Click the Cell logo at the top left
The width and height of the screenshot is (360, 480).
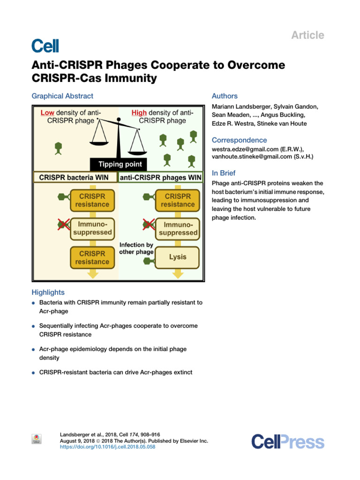[x=45, y=45]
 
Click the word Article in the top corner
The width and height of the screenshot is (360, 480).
[x=307, y=35]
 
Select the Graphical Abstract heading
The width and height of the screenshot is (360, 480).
[x=62, y=96]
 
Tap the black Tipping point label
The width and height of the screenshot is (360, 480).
[x=119, y=165]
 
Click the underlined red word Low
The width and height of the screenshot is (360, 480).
[x=47, y=112]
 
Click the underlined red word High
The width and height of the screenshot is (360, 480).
[x=139, y=112]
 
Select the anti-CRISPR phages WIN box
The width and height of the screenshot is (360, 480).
[x=161, y=178]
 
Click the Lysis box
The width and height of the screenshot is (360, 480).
[x=177, y=257]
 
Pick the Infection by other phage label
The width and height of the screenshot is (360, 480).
[x=136, y=248]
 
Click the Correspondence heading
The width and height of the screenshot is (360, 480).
[x=239, y=140]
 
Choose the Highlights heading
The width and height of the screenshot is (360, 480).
[x=48, y=292]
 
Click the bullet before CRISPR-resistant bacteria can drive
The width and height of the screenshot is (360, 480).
[x=34, y=373]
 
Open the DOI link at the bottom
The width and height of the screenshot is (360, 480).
[x=108, y=447]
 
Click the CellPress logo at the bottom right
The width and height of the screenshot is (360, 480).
[x=287, y=442]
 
